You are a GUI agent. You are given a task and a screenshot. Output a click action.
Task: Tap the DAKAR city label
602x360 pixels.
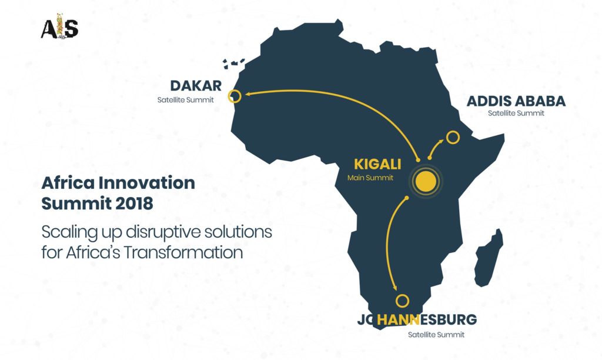point(196,86)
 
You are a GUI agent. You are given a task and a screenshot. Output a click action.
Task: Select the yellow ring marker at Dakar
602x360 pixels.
point(235,96)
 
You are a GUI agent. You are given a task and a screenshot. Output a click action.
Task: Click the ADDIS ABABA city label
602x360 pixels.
point(516,101)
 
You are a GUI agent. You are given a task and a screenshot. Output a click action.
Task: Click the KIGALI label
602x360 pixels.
point(377,164)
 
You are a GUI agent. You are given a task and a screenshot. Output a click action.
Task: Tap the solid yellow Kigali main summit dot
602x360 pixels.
point(426,181)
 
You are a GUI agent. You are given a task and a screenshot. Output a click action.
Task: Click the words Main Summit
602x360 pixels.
point(370,178)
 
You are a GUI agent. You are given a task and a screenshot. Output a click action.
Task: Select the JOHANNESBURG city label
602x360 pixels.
point(417,319)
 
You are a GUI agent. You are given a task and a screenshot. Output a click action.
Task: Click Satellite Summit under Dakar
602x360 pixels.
point(185,100)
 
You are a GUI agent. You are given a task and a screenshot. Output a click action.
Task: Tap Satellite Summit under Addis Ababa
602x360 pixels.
point(516,114)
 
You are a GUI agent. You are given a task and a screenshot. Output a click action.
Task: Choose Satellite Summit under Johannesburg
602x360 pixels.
point(436,335)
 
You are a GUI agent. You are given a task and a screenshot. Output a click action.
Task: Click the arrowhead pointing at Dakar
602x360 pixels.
point(248,94)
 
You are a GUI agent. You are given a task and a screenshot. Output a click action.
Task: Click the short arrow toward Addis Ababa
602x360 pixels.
point(435,148)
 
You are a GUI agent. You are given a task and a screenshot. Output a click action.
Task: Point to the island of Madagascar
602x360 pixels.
point(489,258)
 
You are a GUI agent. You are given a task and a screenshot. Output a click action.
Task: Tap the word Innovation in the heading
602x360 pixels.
point(146,182)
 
